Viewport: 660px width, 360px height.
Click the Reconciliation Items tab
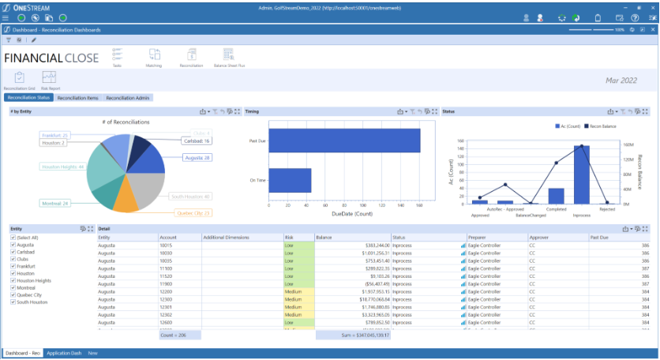point(78,98)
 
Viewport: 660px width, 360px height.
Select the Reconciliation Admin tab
point(128,98)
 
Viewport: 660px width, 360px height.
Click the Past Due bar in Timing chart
point(344,141)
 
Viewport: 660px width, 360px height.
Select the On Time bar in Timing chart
point(290,180)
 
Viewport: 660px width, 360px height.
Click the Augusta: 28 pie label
point(196,158)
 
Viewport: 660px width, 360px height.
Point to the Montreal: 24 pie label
point(56,203)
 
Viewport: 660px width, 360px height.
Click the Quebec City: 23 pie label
point(193,212)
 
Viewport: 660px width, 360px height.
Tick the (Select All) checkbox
point(13,238)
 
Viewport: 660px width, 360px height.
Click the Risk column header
point(289,237)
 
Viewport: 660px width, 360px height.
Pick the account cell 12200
point(167,292)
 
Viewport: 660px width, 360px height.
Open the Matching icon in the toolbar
point(153,56)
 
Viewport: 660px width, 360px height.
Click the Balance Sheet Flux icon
point(229,56)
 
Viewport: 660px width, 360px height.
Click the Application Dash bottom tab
point(64,353)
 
